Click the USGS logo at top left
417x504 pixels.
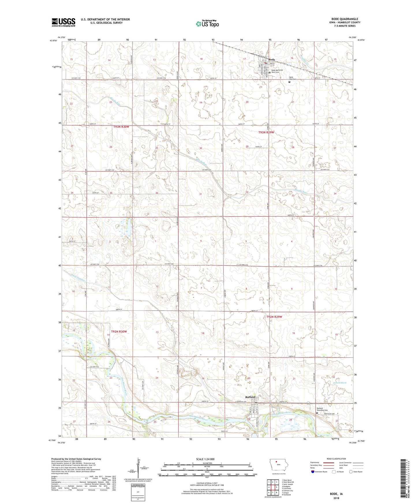tap(63, 22)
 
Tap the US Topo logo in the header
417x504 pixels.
tap(207, 24)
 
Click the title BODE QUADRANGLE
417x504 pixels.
tap(345, 19)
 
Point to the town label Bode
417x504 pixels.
tap(272, 60)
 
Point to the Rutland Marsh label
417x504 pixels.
tap(339, 382)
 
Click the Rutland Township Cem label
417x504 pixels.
tap(322, 409)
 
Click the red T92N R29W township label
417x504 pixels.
tap(274, 317)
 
